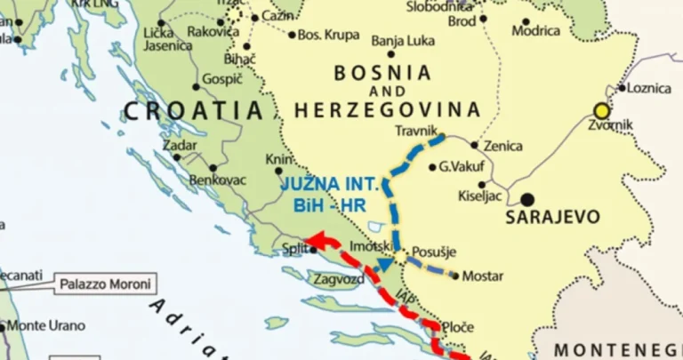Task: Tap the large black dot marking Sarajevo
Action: tap(528, 200)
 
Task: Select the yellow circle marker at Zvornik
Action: tap(602, 111)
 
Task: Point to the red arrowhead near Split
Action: tap(316, 239)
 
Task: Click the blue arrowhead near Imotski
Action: tap(384, 263)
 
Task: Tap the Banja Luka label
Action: tap(401, 40)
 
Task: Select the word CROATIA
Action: tap(194, 110)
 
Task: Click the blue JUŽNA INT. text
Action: tap(329, 186)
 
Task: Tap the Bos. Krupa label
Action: tap(329, 35)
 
